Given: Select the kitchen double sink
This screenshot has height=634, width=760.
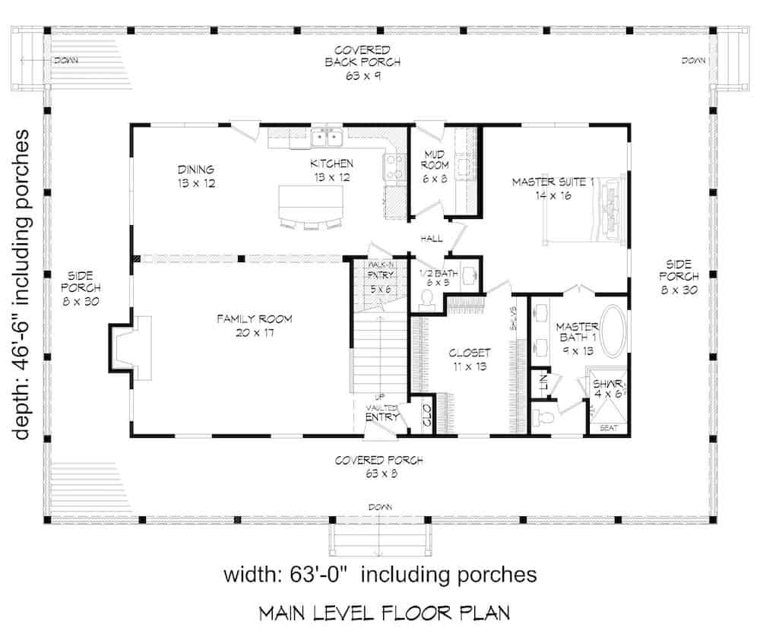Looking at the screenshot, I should pyautogui.click(x=328, y=137).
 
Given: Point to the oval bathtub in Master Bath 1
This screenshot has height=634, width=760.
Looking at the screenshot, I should pyautogui.click(x=611, y=331).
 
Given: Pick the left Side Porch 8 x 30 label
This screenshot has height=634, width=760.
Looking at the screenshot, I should pyautogui.click(x=80, y=288).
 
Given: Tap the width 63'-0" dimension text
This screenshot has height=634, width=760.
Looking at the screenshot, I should pyautogui.click(x=380, y=575).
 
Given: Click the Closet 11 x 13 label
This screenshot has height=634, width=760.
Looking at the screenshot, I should pyautogui.click(x=469, y=360).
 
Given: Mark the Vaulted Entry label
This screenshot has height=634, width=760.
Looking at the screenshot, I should pyautogui.click(x=382, y=413).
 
